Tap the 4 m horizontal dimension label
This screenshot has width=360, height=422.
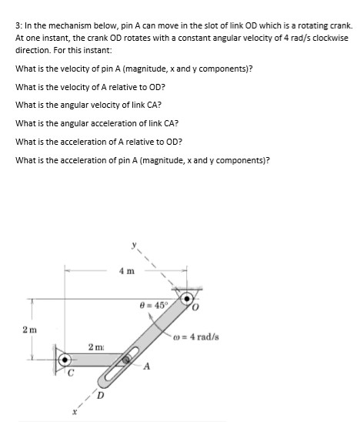click(125, 271)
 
